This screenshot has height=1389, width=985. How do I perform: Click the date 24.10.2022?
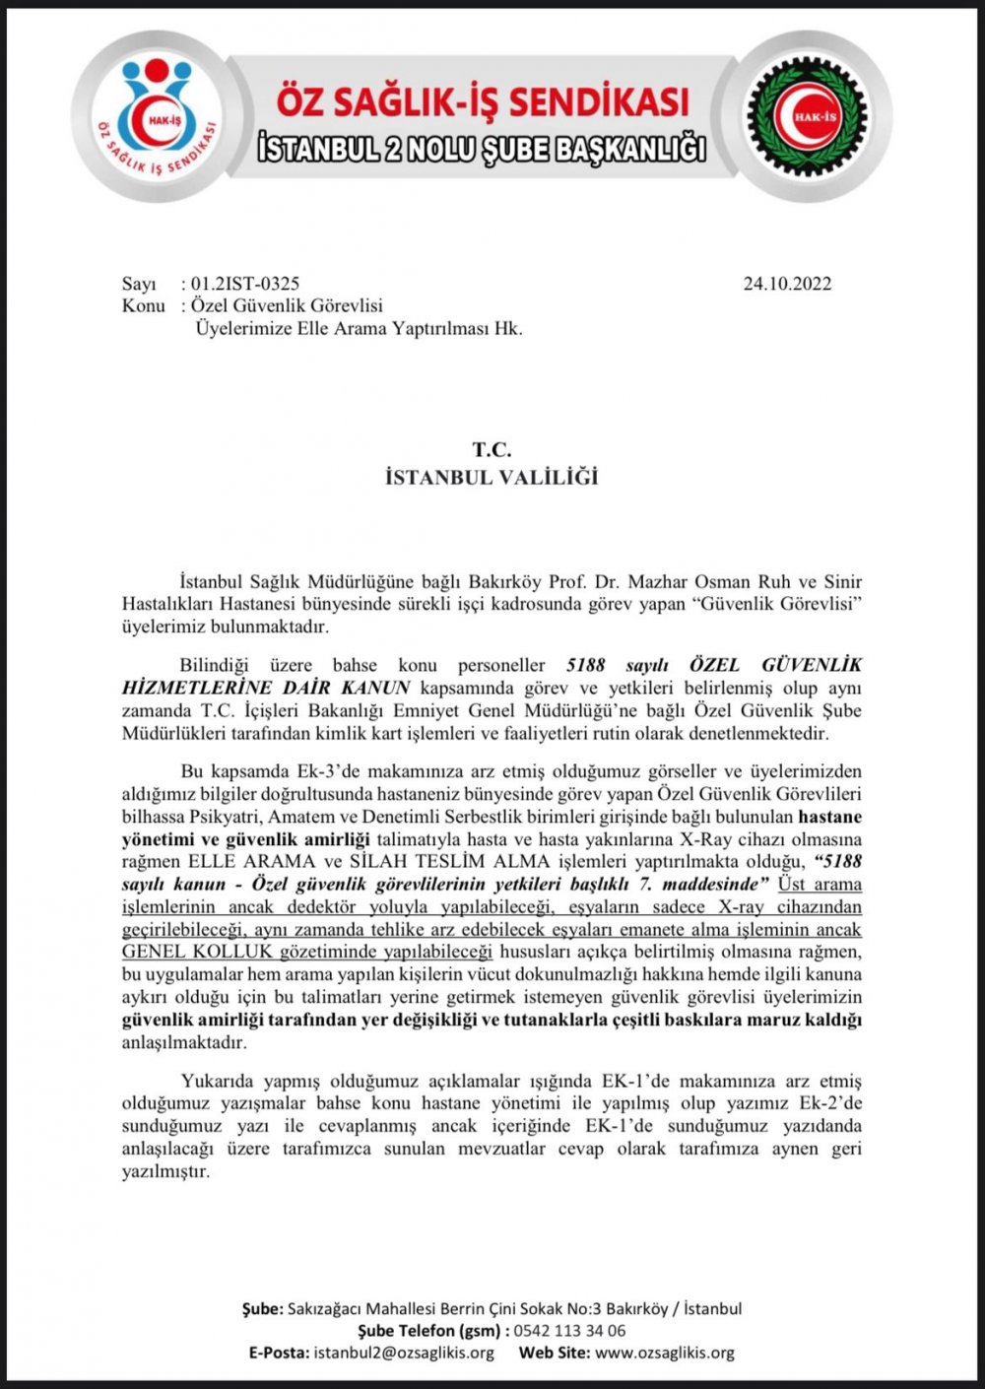point(787,284)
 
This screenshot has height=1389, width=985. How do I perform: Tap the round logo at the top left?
point(157,116)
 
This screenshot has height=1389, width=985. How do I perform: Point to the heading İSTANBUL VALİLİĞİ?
point(492,478)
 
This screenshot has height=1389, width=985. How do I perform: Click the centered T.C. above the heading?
point(492,450)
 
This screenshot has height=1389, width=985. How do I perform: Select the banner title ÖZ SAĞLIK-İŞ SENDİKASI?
point(482,102)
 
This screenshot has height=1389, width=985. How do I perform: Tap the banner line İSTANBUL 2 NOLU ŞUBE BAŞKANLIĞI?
point(482,149)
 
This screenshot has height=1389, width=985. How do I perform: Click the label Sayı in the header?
point(139,284)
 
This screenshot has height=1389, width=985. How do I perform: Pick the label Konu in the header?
point(143,305)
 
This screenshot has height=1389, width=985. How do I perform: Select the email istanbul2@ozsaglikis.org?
point(404,1353)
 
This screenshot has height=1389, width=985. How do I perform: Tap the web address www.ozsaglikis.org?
point(665,1353)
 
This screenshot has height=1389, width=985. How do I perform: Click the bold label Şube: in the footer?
point(263,1309)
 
